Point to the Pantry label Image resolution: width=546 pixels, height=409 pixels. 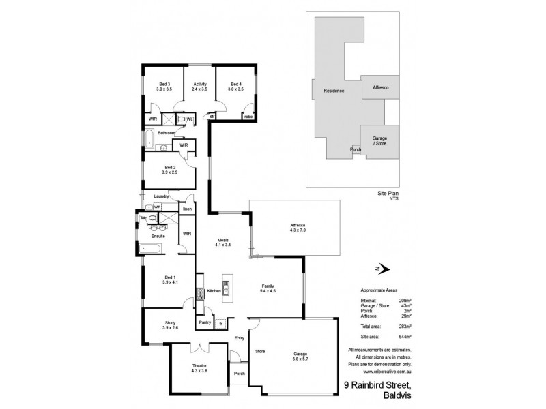tap(204, 322)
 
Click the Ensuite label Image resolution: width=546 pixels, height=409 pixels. tap(158, 236)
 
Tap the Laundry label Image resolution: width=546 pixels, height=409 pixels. tap(161, 196)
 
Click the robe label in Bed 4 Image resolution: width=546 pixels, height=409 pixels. tap(248, 117)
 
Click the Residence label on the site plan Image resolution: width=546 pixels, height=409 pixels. tap(334, 91)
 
